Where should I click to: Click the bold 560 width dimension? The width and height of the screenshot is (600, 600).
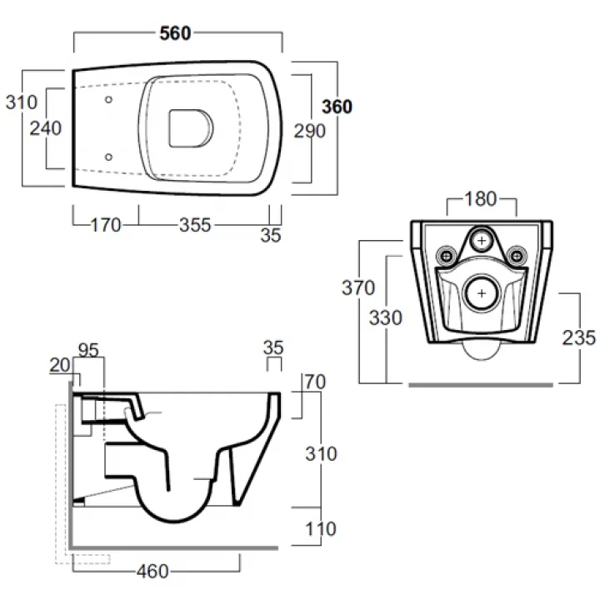tap(175, 33)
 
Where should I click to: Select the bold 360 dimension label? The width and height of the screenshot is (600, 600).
tap(337, 107)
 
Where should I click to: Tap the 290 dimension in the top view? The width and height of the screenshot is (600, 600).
tap(309, 131)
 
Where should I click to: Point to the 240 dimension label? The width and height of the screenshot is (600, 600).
tap(46, 128)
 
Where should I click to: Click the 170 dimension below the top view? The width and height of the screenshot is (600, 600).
tap(106, 225)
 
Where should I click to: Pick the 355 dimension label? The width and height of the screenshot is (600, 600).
tap(195, 225)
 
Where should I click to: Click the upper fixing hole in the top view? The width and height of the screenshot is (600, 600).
tap(108, 99)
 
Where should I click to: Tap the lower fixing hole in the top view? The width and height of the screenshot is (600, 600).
tap(108, 157)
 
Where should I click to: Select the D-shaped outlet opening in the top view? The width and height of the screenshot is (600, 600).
tap(191, 128)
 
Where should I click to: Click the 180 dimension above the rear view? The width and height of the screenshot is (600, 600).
tap(481, 199)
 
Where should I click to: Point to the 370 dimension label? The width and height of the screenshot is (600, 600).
tap(358, 287)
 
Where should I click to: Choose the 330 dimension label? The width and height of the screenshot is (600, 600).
tap(385, 317)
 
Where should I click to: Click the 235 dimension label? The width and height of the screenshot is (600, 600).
tap(578, 337)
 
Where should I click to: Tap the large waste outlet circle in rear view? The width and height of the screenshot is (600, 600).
tap(482, 293)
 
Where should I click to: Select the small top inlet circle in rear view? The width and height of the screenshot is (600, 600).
tap(482, 241)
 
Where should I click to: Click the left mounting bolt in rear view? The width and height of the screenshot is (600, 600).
tap(446, 255)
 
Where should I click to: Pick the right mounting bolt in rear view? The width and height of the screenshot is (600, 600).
tap(517, 255)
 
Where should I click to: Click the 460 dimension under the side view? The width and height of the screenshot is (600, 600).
tap(152, 572)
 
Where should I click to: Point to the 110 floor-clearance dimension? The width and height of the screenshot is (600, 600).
tap(321, 529)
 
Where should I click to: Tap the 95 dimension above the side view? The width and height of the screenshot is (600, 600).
tap(88, 350)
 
